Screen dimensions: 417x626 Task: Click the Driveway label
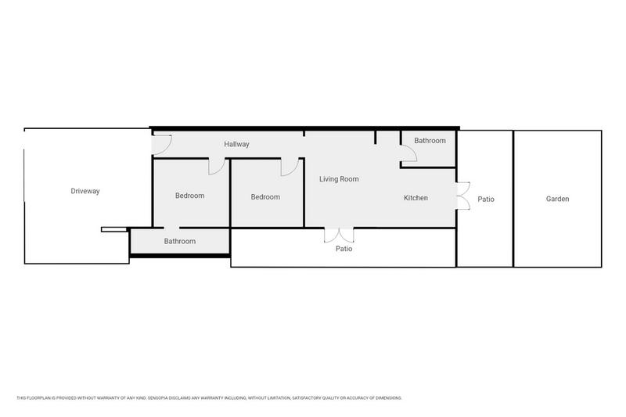85,191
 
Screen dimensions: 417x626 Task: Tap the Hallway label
236,145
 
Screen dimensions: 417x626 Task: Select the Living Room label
339,179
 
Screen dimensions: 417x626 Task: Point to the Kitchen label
416,198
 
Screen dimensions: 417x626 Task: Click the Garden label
557,200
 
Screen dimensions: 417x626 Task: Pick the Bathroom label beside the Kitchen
430,141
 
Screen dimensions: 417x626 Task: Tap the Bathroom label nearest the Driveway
179,242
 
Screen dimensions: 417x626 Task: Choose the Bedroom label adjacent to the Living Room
265,197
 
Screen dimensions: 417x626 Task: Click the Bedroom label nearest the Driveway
189,196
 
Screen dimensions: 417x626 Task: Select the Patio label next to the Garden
486,200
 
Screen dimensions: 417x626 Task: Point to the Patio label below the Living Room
344,250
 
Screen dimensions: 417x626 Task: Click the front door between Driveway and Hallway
161,142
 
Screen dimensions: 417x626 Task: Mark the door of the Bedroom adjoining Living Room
288,167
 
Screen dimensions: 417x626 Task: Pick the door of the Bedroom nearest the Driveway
217,167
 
